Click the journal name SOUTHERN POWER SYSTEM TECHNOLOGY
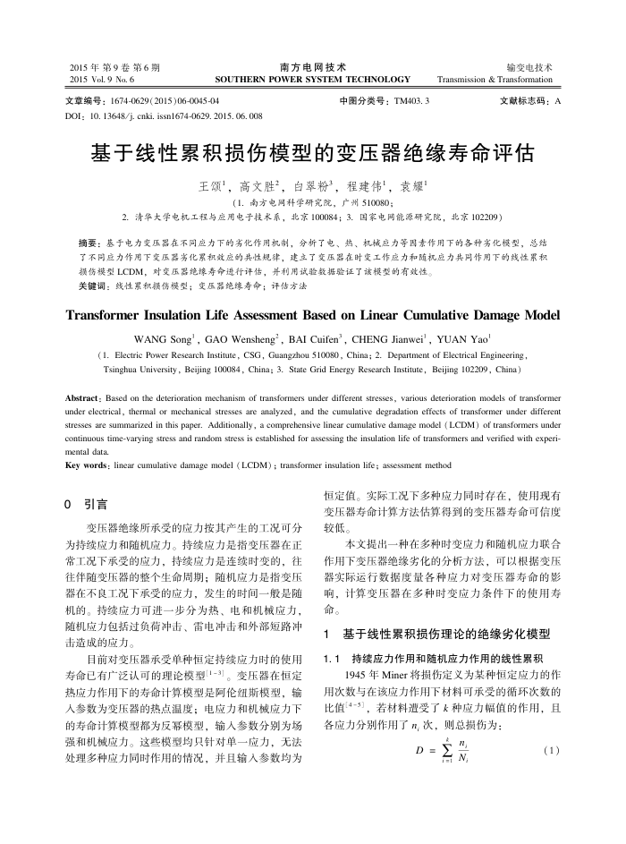[312, 80]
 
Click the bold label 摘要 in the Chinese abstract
[89, 243]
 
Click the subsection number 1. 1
[332, 658]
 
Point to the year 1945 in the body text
[355, 674]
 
